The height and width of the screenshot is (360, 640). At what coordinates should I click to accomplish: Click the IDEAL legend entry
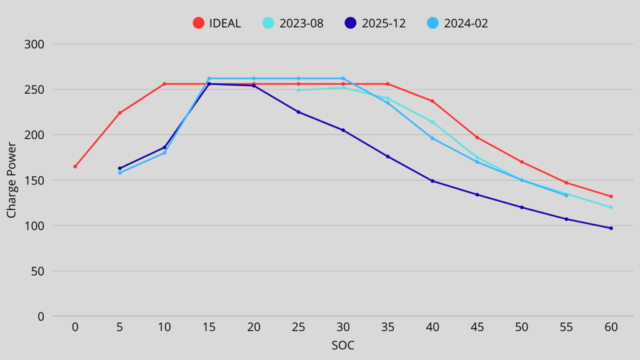(216, 23)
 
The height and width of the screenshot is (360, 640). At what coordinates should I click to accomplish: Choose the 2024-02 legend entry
(457, 23)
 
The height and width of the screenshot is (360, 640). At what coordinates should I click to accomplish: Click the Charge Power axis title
(11, 180)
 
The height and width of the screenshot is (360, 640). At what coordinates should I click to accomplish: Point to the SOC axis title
(343, 345)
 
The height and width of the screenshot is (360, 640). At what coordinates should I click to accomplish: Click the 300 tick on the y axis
(35, 44)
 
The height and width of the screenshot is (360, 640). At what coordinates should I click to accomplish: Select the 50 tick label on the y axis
(38, 271)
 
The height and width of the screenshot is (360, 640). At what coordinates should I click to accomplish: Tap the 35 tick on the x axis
(387, 327)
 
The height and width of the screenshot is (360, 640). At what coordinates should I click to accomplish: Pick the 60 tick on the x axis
(611, 327)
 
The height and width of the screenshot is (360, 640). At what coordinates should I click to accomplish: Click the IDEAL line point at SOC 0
(75, 166)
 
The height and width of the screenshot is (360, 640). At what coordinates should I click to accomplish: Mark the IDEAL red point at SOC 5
(119, 113)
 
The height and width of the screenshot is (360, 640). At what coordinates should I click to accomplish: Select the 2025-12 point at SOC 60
(611, 228)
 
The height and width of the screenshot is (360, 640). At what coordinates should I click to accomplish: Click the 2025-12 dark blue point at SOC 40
(432, 181)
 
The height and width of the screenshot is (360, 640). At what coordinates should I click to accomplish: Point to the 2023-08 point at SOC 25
(298, 90)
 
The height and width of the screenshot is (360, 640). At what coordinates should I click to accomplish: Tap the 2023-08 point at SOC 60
(611, 207)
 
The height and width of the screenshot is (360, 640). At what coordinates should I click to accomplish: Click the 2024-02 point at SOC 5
(119, 172)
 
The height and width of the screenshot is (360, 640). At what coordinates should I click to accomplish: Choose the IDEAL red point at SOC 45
(477, 137)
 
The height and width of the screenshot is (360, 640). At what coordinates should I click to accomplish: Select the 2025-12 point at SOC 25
(298, 112)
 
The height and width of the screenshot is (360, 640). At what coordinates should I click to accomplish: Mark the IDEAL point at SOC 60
(611, 196)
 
